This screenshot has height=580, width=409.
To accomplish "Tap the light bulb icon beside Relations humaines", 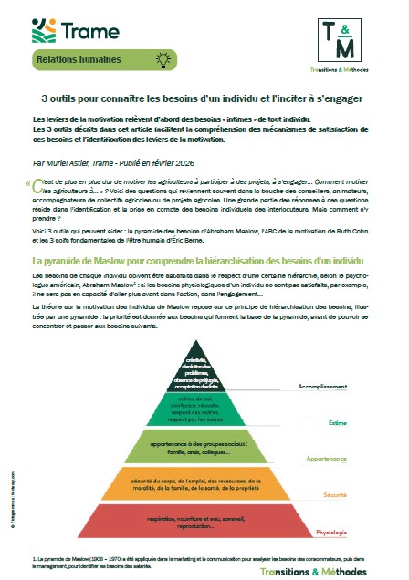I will (x=163, y=61).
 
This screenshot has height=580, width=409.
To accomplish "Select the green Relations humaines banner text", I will (x=79, y=61).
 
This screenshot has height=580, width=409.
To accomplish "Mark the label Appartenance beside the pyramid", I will (x=350, y=460).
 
